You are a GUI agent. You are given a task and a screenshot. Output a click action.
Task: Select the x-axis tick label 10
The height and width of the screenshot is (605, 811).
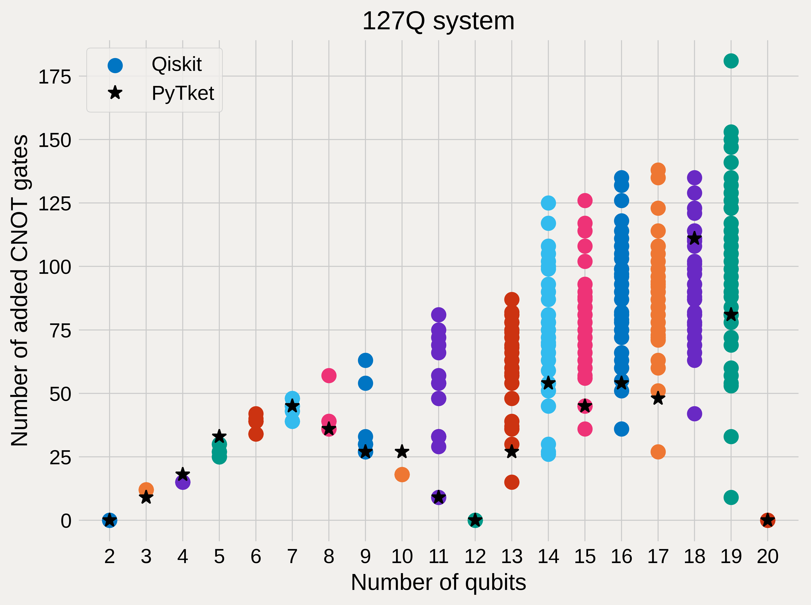point(402,556)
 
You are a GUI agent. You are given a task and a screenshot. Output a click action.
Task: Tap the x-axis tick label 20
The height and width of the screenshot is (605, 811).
point(767,556)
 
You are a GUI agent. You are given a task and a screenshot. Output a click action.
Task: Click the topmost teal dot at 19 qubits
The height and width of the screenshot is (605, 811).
point(731,61)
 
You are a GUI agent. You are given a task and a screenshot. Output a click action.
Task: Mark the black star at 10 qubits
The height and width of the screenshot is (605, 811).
point(402,452)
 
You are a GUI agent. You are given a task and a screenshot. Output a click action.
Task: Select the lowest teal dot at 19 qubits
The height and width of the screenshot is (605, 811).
point(731,497)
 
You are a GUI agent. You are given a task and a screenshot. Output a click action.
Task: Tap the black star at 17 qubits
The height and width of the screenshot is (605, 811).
point(658,398)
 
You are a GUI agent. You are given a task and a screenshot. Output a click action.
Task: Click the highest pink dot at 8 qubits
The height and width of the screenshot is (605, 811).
point(329,375)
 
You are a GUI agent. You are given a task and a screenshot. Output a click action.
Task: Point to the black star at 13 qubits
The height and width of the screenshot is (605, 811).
point(512,452)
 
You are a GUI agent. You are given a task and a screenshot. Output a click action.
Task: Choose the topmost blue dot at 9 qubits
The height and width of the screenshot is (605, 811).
point(365,360)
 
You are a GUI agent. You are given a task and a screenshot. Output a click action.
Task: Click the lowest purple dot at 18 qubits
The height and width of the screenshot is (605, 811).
point(694,414)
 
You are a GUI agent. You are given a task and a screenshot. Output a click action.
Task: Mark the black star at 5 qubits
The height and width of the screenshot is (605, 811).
point(219,436)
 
